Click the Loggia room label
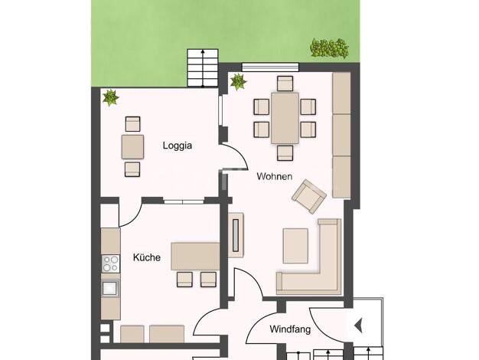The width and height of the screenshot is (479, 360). pyautogui.click(x=178, y=146)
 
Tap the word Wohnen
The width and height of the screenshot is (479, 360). pyautogui.click(x=275, y=176)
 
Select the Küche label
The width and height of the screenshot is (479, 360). pyautogui.click(x=147, y=257)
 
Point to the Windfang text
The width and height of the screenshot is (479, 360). pyautogui.click(x=290, y=329)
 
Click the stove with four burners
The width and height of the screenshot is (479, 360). pyautogui.click(x=111, y=263)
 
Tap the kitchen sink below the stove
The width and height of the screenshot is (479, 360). pyautogui.click(x=110, y=289)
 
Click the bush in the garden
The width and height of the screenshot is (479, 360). pyautogui.click(x=329, y=48)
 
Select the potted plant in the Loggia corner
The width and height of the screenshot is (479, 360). pyautogui.click(x=110, y=98)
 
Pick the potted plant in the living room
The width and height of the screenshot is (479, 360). pyautogui.click(x=238, y=82)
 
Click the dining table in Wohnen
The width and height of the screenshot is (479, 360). pyautogui.click(x=285, y=118)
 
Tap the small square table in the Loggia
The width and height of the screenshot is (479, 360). pyautogui.click(x=132, y=147)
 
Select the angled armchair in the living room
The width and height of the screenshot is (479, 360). pyautogui.click(x=309, y=196)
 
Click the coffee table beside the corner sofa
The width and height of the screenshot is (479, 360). pyautogui.click(x=295, y=246)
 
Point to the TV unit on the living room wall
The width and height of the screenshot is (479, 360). pyautogui.click(x=236, y=235)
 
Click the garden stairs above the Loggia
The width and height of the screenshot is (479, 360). pyautogui.click(x=203, y=67)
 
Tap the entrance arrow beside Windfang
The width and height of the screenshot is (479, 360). pyautogui.click(x=358, y=325)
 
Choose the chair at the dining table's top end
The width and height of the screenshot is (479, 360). pyautogui.click(x=285, y=83)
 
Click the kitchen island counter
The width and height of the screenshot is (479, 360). pyautogui.click(x=196, y=257)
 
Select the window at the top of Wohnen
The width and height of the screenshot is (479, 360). pyautogui.click(x=270, y=67)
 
